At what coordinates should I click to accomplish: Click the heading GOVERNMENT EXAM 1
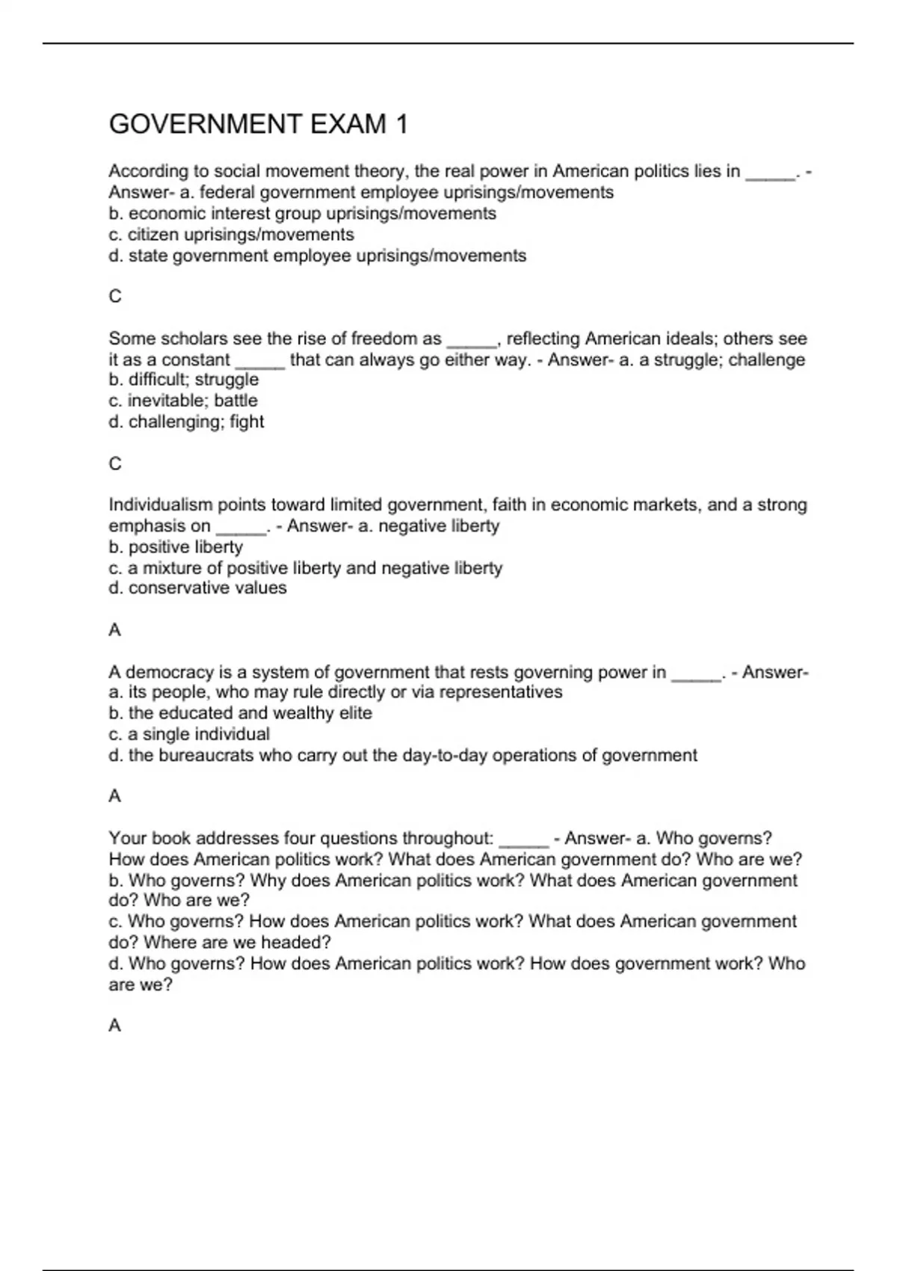click(258, 124)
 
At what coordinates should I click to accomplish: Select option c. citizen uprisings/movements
click(231, 235)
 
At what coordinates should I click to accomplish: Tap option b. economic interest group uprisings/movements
click(302, 214)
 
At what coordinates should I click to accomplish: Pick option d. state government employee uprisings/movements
click(317, 256)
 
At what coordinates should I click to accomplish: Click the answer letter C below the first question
click(115, 297)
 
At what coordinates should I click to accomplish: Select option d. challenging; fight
click(186, 422)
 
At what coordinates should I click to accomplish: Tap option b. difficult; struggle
click(183, 380)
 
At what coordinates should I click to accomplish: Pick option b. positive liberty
click(176, 547)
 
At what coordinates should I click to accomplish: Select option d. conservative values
click(197, 588)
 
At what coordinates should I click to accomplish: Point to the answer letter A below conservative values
click(115, 630)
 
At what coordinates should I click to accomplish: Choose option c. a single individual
click(189, 734)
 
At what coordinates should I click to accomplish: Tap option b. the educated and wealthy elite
click(240, 713)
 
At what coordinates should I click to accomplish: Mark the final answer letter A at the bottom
click(115, 1026)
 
